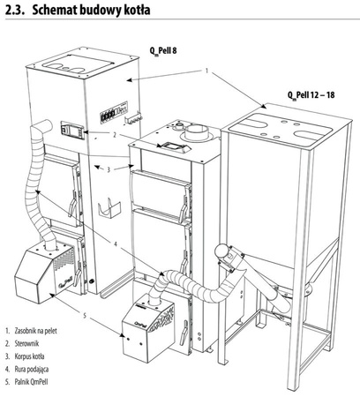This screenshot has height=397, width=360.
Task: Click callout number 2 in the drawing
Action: coord(116,135)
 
